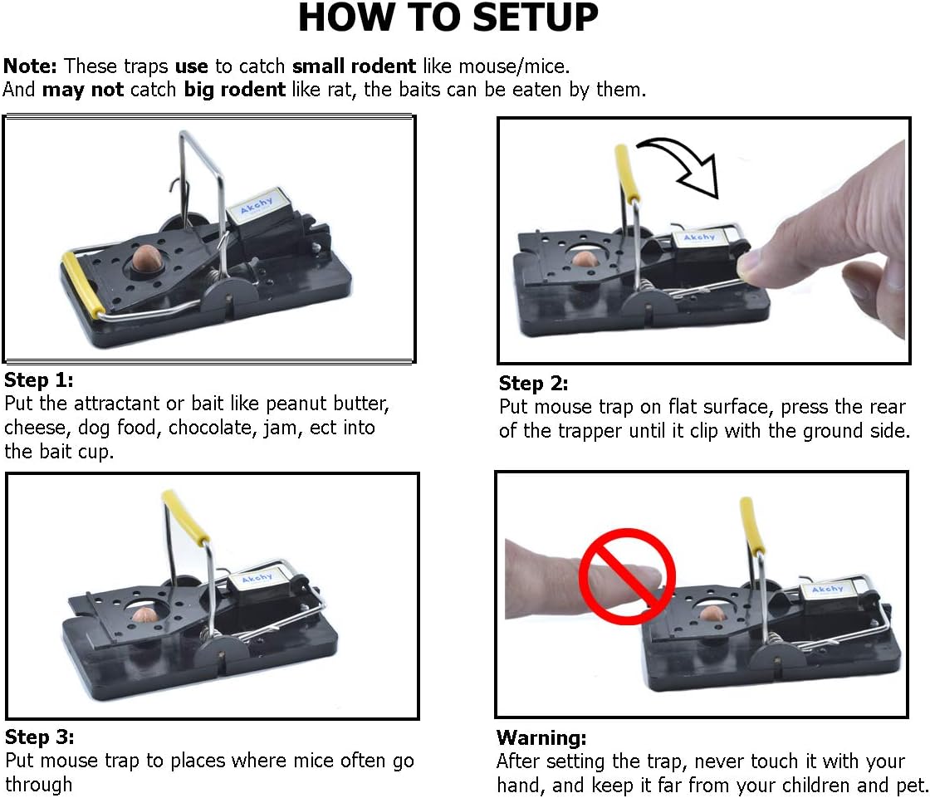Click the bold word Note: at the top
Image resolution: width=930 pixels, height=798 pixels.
[x=30, y=66]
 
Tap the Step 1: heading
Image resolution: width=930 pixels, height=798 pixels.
[x=38, y=379]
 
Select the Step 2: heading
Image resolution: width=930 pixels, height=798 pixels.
[x=533, y=384]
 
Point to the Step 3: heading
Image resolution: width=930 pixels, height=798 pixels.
[x=39, y=737]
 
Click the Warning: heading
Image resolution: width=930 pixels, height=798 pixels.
[x=541, y=737]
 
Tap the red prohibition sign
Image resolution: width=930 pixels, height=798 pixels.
[x=628, y=576]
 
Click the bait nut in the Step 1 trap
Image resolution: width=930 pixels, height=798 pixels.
[x=145, y=257]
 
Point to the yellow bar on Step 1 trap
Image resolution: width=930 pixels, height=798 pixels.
[x=83, y=284]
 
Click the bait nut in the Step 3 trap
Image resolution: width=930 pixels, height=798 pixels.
[x=144, y=614]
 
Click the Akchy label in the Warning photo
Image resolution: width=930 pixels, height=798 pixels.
[x=827, y=589]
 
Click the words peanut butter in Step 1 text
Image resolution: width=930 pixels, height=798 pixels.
[x=327, y=404]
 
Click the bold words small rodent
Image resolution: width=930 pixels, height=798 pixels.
[x=354, y=66]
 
